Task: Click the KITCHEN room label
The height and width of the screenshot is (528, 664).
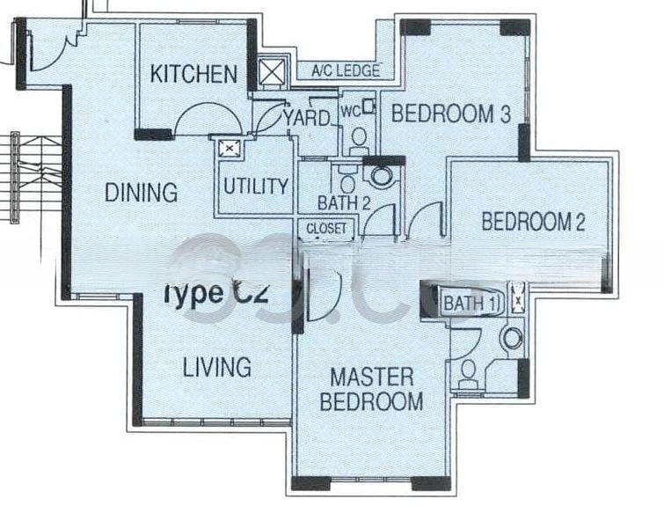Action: point(193,74)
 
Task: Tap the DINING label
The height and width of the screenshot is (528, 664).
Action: point(141,192)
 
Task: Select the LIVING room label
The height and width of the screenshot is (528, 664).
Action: point(217,366)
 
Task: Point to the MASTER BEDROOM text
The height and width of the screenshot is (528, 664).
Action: point(371,390)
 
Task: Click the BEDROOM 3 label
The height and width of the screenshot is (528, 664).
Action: point(451,114)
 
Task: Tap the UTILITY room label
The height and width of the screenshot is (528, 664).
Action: point(255,187)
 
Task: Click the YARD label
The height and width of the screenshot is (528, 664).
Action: point(307,117)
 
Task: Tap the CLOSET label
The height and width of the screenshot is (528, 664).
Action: point(327,229)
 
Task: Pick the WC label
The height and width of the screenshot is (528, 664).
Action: point(349,111)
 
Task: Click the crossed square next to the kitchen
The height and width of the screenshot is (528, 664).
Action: point(271,72)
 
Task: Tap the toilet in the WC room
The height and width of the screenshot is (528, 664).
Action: point(359,137)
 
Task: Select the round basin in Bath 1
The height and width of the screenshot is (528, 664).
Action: point(511,337)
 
